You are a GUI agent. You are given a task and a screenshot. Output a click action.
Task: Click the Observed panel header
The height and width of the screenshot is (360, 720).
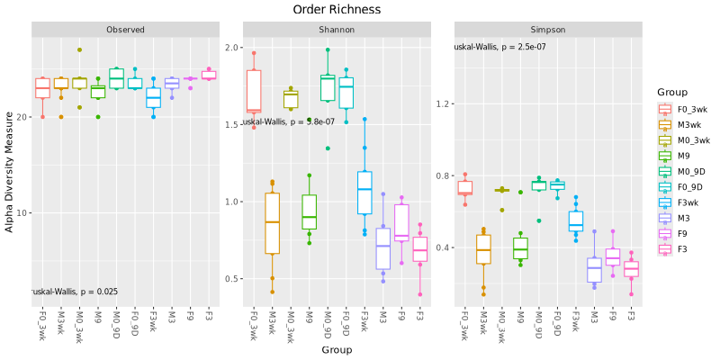click(x=125, y=30)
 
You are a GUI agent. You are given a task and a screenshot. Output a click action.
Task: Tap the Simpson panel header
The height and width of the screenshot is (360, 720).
click(x=548, y=30)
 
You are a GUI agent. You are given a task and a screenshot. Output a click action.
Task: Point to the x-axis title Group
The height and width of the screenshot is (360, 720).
click(x=337, y=349)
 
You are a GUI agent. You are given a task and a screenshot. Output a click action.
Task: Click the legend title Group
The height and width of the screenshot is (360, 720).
click(x=672, y=92)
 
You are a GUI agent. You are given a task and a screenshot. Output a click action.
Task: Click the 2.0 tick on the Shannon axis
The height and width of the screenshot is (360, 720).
click(x=232, y=48)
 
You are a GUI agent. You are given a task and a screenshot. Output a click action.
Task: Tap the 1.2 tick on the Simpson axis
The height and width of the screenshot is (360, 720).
click(x=444, y=103)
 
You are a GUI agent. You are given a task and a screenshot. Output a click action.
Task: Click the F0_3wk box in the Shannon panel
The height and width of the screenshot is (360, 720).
click(x=254, y=91)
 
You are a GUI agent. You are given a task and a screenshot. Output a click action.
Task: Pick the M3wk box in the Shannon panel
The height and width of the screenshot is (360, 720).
click(x=273, y=221)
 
